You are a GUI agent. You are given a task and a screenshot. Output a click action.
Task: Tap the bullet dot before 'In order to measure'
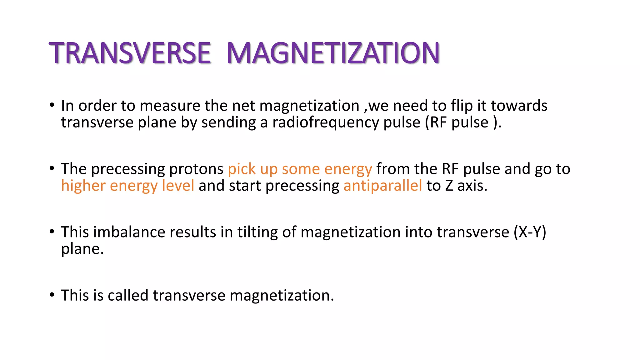coord(52,105)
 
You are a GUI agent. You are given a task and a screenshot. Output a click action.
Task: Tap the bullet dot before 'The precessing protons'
coord(52,168)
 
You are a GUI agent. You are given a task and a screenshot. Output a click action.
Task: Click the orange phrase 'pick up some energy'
coord(300,169)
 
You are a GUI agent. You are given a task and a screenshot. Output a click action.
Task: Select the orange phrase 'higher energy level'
coord(127,186)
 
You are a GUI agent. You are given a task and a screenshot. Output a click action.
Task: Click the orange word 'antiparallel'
coord(382,186)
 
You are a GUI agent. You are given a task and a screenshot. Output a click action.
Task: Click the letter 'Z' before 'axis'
coord(449,186)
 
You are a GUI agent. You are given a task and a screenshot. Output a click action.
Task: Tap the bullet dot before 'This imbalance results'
coord(52,232)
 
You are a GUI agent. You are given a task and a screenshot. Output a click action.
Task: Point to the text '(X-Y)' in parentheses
coord(530,232)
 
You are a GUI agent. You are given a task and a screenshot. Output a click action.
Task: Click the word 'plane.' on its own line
coord(82,249)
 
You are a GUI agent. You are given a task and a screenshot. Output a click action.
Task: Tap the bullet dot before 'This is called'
coord(52,295)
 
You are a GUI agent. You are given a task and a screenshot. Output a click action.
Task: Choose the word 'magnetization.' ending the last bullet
coord(282,295)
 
